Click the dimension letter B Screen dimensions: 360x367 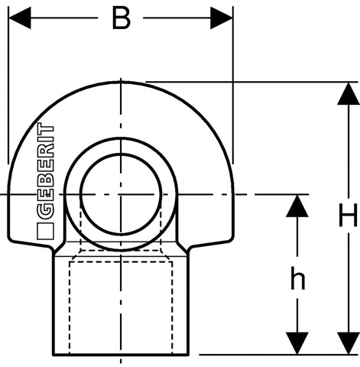pos(121,18)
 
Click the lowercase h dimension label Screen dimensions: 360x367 pos(297,278)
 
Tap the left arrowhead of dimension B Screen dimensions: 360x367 pos(20,18)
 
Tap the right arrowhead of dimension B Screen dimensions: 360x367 pos(222,18)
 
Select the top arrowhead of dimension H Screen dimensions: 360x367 pos(349,93)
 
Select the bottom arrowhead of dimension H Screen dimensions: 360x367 pos(349,343)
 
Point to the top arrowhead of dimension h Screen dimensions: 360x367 pos(297,206)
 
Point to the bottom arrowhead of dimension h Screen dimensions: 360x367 pos(297,343)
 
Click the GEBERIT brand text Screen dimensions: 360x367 pos(46,171)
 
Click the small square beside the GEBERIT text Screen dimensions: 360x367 pos(45,232)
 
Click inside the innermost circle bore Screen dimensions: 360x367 pos(121,194)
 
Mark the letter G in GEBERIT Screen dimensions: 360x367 pos(46,209)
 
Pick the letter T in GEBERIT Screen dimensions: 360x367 pos(46,128)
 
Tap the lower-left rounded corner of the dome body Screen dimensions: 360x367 pos(10,239)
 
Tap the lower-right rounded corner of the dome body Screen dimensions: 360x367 pos(232,239)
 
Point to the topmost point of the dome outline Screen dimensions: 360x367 pos(121,82)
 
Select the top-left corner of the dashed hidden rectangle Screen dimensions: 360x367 pos(70,261)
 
